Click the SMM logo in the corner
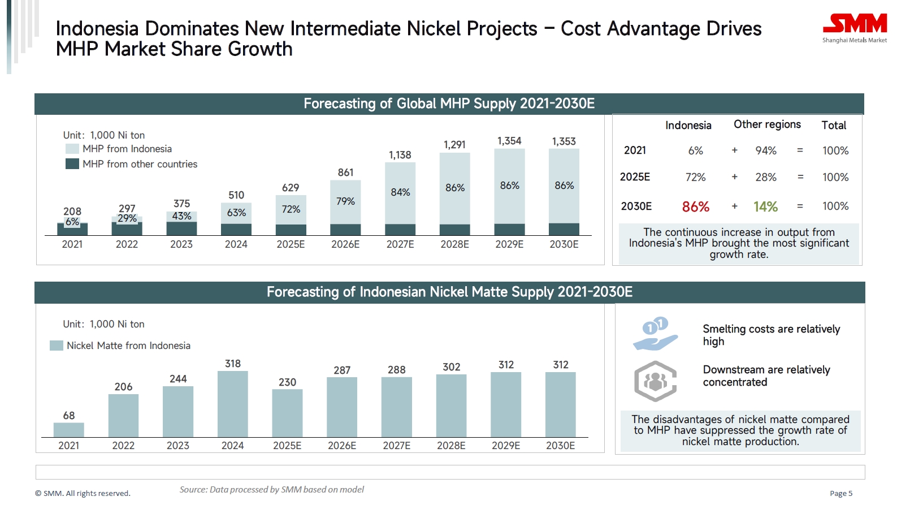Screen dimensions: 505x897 (x=855, y=28)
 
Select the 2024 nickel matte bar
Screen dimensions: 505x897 (x=232, y=404)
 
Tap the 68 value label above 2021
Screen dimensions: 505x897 (x=69, y=416)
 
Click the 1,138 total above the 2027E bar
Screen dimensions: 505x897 (x=400, y=155)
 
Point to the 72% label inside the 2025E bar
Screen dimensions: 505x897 (x=291, y=209)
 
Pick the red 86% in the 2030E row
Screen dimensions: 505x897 (x=695, y=207)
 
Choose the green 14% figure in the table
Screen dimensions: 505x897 (x=765, y=207)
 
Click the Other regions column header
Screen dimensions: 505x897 (x=767, y=124)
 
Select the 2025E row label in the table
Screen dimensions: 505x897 (x=635, y=177)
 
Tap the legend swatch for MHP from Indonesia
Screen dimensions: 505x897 (x=72, y=149)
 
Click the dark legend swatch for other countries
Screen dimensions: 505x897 (x=72, y=164)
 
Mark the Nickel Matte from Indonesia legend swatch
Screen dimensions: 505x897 (x=57, y=346)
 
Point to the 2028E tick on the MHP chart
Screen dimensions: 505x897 (x=454, y=244)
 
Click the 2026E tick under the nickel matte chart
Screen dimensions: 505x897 (x=342, y=446)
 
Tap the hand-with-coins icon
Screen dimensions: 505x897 (x=655, y=334)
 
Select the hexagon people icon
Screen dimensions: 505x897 (x=655, y=381)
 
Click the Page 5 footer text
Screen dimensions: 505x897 (x=841, y=493)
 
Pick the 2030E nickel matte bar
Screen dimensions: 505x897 (x=560, y=404)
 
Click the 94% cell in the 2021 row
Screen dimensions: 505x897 (x=766, y=150)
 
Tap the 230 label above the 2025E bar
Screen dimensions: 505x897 (x=287, y=382)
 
